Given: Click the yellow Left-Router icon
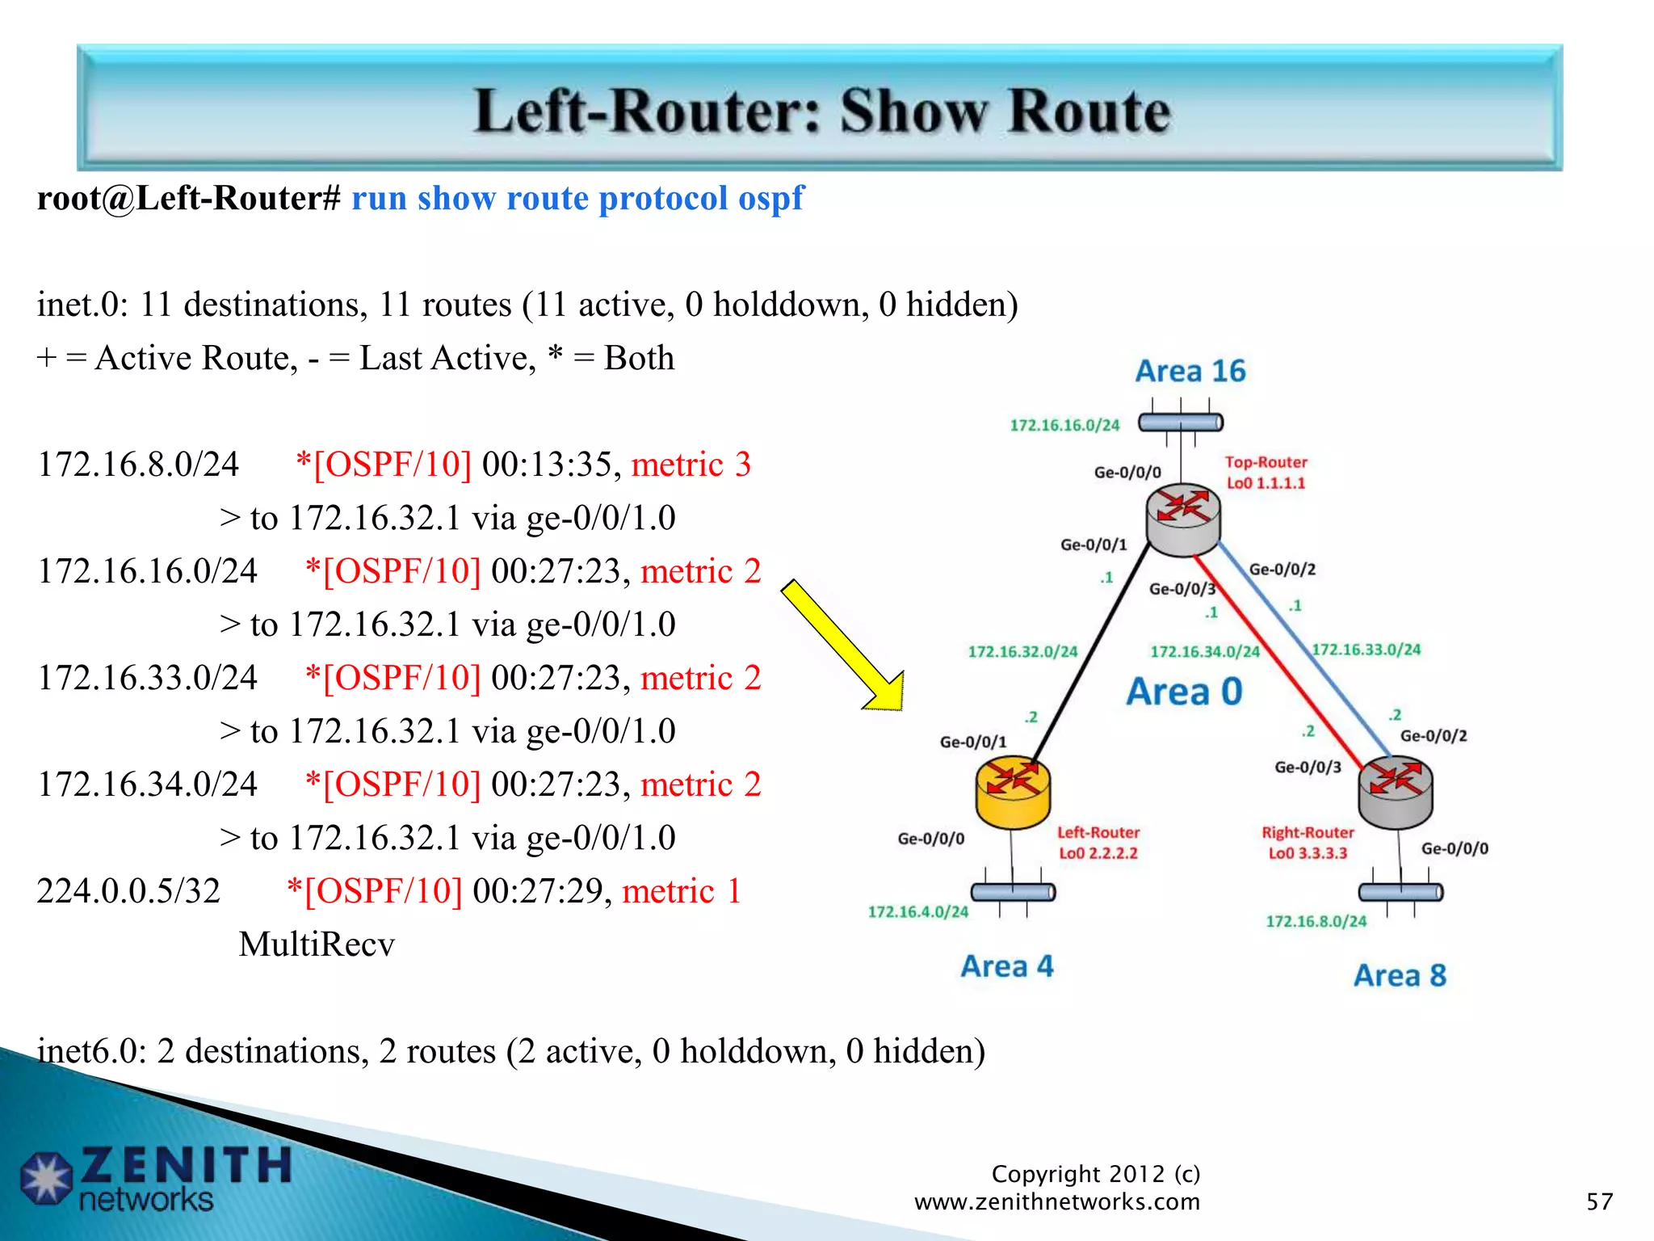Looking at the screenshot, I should [x=1013, y=793].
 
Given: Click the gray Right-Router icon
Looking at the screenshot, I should [x=1395, y=793].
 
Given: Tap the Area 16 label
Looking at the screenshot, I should [x=1190, y=371].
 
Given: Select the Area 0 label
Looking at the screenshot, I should [x=1184, y=692].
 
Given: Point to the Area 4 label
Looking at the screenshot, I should [x=1007, y=966].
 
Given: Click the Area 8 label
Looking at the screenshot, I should [x=1400, y=975].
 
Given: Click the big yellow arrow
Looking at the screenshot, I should [x=844, y=646].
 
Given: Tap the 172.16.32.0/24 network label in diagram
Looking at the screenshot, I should [x=1022, y=651].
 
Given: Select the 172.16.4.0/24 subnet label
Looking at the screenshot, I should [x=917, y=912].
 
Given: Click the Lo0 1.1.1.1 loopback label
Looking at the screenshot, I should [x=1266, y=483].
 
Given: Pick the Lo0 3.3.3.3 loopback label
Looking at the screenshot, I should [x=1307, y=853].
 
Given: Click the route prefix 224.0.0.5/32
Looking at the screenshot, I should [x=128, y=891].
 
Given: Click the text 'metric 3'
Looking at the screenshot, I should [x=691, y=465].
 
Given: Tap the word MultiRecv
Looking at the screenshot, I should [x=317, y=944].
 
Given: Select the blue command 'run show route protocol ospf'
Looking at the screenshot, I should [x=577, y=198].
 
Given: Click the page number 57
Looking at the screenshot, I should [x=1599, y=1201].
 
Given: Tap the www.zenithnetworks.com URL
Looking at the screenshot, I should [x=1056, y=1201].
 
